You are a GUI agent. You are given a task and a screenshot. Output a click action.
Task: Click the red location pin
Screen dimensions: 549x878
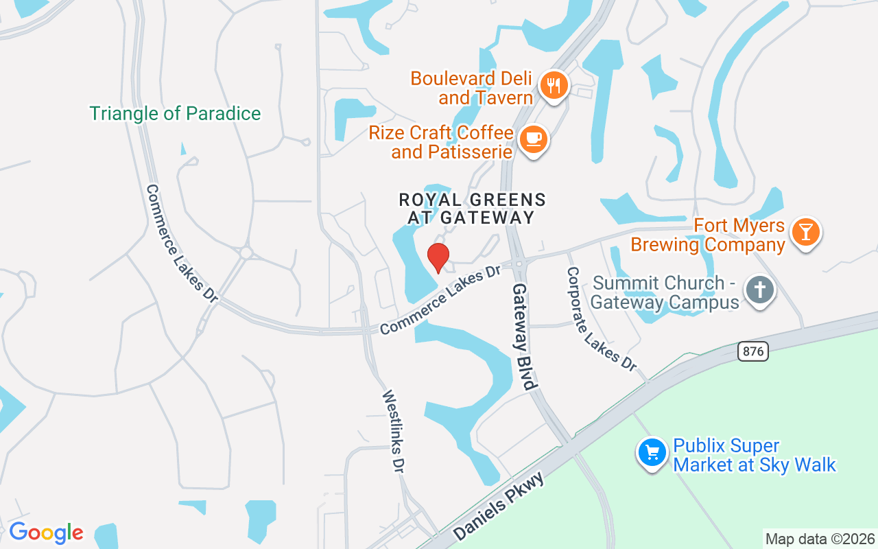coord(438,257)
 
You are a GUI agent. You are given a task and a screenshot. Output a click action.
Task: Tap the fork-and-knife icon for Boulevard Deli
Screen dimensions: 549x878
coord(552,86)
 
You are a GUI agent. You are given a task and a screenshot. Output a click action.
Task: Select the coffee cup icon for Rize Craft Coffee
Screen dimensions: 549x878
coord(533,139)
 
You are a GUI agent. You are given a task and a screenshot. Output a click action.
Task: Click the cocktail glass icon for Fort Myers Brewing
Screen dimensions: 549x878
coord(805,232)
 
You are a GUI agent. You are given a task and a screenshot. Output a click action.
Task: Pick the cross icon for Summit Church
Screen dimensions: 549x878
coord(759,290)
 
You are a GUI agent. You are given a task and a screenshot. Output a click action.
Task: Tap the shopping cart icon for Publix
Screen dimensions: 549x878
coord(652,452)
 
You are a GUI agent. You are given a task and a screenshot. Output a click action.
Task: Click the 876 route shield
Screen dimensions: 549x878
coord(753,351)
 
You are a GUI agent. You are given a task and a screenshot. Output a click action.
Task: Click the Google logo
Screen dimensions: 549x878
coord(46,533)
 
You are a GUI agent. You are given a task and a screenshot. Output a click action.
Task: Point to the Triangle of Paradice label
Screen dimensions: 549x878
coord(175,113)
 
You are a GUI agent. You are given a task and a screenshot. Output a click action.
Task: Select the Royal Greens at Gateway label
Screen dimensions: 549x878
coord(472,209)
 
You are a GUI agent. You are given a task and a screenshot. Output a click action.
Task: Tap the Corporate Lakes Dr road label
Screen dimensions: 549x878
coord(601,319)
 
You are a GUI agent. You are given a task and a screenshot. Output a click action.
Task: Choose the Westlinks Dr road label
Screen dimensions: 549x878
coord(393,431)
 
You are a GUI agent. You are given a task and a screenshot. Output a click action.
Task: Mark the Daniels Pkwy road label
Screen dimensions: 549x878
coord(499,506)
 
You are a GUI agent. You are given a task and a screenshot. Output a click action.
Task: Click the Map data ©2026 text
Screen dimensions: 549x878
coord(820,539)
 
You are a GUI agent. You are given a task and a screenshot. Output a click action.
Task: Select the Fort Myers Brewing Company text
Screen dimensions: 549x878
coord(708,235)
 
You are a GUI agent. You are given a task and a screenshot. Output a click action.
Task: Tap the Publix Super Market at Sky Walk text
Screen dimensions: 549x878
coord(755,455)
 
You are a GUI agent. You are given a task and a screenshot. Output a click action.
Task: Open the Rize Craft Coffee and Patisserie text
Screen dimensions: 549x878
coord(441,141)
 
